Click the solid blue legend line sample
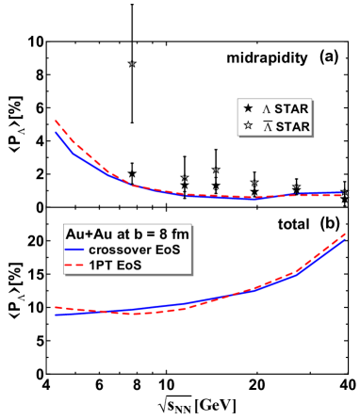tap(74, 249)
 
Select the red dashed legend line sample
tap(74, 266)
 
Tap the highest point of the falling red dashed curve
tap(56, 121)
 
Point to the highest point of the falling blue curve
tap(56, 132)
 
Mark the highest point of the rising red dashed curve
tap(345, 234)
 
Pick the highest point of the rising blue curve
tap(345, 239)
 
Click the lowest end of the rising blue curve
tap(56, 315)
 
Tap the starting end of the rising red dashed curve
tap(56, 307)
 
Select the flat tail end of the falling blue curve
tap(341, 193)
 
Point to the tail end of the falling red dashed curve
tap(341, 195)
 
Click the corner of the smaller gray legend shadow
tap(313, 137)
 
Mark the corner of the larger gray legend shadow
tap(192, 275)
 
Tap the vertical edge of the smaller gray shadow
tap(313, 118)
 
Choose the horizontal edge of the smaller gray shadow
tap(275, 137)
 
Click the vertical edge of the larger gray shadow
tap(192, 250)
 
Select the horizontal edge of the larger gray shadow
tap(128, 275)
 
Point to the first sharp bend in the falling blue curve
tap(74, 153)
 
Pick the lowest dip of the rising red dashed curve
tap(135, 314)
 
